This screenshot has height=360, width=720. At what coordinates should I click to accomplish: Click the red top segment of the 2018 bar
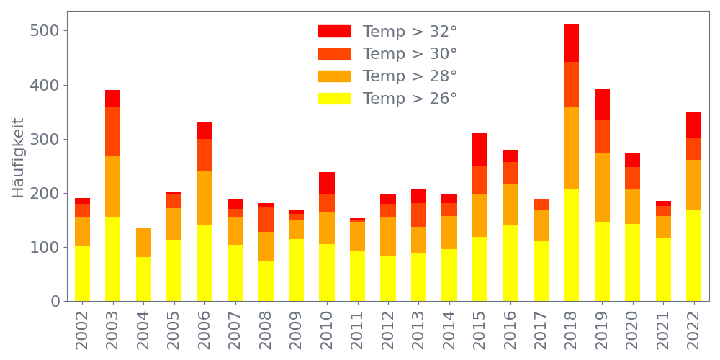pos(571,43)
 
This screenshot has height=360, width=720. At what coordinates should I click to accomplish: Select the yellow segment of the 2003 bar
pos(112,258)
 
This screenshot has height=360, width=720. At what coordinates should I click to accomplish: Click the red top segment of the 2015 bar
pos(480,150)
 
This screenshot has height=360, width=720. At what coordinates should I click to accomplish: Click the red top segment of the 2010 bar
pos(327,184)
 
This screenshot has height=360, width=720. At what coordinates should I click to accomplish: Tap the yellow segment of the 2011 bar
pos(357,275)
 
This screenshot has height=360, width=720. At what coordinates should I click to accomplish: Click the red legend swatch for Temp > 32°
pos(334,32)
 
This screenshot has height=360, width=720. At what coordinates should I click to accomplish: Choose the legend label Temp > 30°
pos(410,54)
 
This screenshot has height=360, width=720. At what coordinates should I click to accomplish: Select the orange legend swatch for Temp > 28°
pos(334,76)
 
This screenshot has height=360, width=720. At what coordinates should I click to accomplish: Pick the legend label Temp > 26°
pos(410,99)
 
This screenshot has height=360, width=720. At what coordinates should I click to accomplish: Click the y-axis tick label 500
pos(48,31)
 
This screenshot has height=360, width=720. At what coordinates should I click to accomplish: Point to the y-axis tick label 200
pos(48,193)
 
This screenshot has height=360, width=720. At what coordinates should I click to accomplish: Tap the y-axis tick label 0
pos(55,301)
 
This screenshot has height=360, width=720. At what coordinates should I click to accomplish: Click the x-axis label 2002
pos(82,327)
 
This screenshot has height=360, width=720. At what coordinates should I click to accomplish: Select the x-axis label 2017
pos(541,327)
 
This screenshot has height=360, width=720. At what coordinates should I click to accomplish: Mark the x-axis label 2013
pos(418,327)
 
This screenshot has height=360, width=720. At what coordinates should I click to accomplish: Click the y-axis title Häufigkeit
pos(19,158)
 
